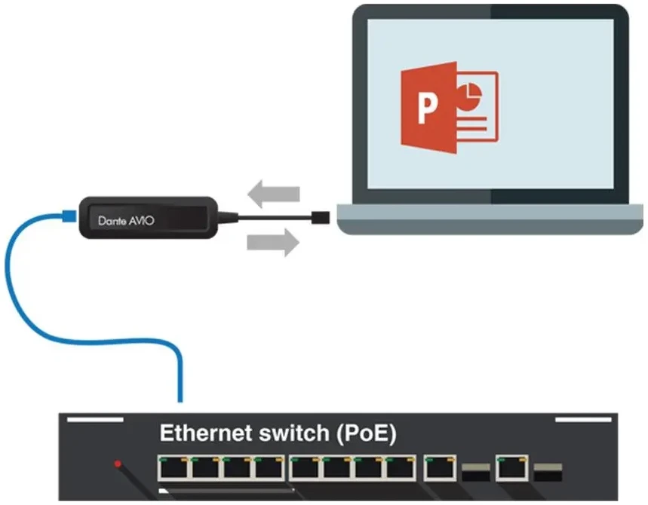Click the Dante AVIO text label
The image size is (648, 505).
click(126, 221)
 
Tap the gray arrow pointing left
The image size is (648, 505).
click(274, 194)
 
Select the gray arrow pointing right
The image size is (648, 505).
click(273, 243)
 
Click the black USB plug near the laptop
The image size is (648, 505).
click(321, 218)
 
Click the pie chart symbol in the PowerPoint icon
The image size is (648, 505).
click(469, 94)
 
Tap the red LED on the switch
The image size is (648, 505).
click(118, 464)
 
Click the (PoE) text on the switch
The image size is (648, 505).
click(367, 434)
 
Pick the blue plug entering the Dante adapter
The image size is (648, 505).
click(69, 216)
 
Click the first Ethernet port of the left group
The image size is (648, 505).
click(174, 468)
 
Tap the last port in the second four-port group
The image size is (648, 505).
click(401, 468)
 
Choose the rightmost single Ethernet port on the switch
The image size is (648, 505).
click(512, 468)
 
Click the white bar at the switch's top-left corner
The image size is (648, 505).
click(95, 420)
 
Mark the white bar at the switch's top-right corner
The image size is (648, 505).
click(583, 420)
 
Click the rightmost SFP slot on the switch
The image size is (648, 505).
click(548, 473)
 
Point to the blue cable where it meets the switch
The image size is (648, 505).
click(180, 399)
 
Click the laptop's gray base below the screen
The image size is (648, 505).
click(490, 219)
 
